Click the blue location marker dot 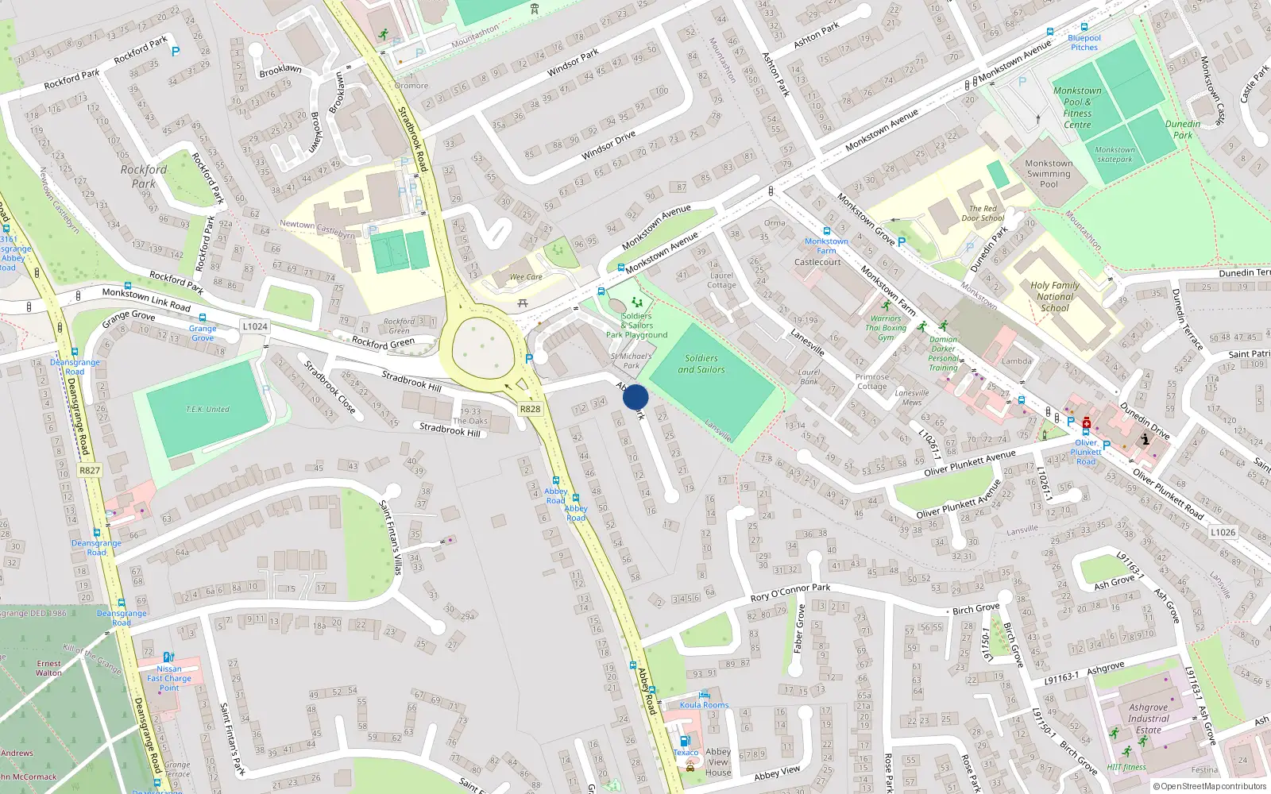coord(635,397)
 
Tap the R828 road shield coord(530,409)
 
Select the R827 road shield coord(90,470)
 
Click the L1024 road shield coord(255,326)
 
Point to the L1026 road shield coord(1223,532)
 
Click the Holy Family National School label coord(1055,296)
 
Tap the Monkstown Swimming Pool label coord(1049,173)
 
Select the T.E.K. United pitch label coord(207,409)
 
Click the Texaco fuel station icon coord(685,741)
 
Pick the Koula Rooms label coord(704,704)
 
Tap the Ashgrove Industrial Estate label coord(1148,719)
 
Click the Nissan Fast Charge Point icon coord(168,657)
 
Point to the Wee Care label coord(526,277)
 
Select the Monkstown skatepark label coord(1115,154)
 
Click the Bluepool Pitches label coord(1084,42)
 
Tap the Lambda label coord(1017,360)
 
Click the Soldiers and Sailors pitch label coord(701,364)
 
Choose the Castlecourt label coord(817,262)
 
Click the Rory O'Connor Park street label coord(790,592)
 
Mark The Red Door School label coord(983,214)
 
